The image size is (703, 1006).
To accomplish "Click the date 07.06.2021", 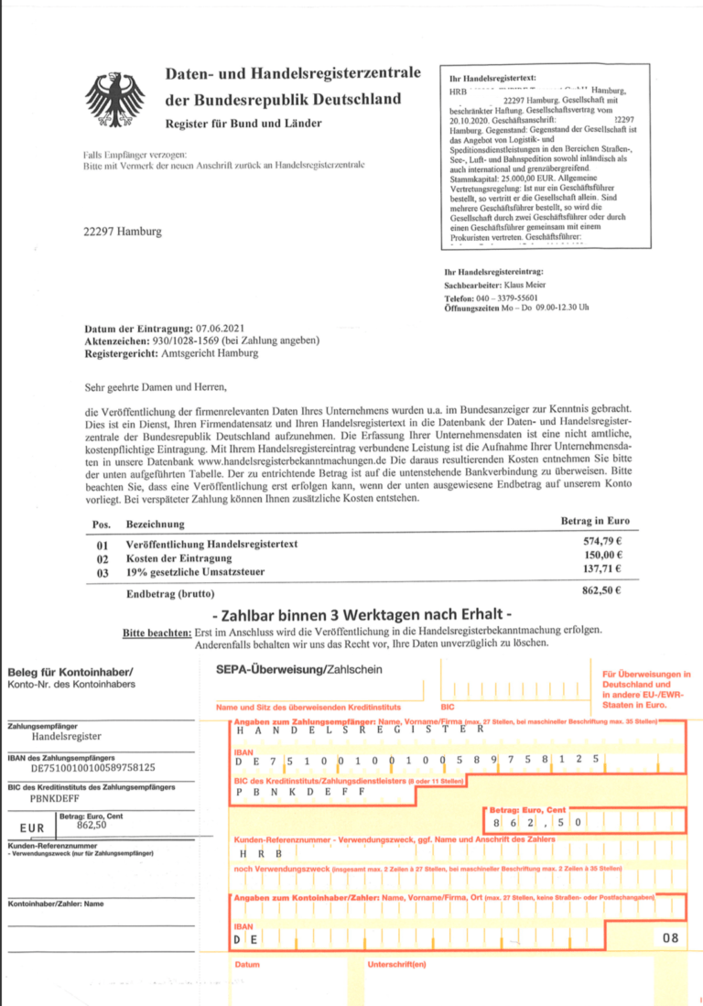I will click(x=221, y=328).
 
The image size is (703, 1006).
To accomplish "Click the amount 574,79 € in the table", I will click(x=600, y=543).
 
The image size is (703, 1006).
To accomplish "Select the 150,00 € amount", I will click(x=600, y=557).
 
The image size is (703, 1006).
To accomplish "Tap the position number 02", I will click(x=103, y=558).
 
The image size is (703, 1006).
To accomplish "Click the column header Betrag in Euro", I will click(x=594, y=521).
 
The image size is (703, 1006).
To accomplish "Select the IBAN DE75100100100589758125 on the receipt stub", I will click(x=93, y=768).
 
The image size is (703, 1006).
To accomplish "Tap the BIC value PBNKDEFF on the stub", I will click(x=58, y=797).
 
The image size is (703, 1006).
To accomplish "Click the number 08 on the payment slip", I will click(x=670, y=938).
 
